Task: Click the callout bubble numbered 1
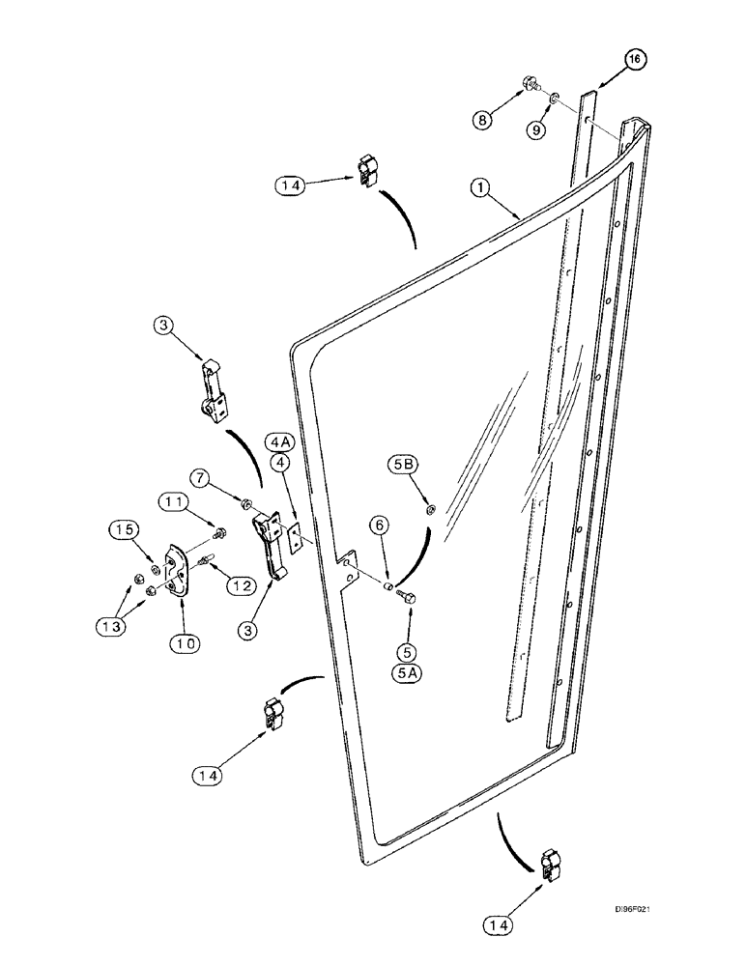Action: tap(479, 187)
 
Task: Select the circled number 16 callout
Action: tap(634, 60)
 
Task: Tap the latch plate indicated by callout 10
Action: tap(177, 575)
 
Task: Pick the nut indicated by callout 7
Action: tap(247, 504)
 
